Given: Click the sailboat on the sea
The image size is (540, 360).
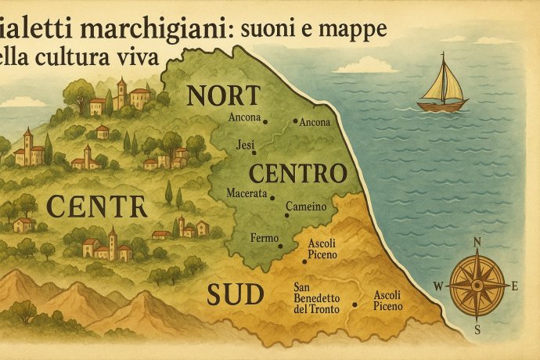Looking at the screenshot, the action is tap(442, 85).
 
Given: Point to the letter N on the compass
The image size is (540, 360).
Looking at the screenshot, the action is tap(477, 242).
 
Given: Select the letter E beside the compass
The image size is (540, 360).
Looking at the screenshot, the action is tap(515, 286).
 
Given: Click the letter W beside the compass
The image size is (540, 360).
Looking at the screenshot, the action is tap(438, 284).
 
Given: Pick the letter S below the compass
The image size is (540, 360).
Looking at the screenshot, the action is tap(477, 329).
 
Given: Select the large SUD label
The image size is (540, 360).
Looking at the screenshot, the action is tap(234, 294).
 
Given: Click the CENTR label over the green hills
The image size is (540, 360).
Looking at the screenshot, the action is tap(96, 206).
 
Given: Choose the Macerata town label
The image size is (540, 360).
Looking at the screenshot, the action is tap(247, 193).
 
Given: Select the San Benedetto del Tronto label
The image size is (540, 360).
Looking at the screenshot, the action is tap(316, 297).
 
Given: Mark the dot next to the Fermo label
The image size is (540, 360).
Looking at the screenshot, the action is tap(279, 245).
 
